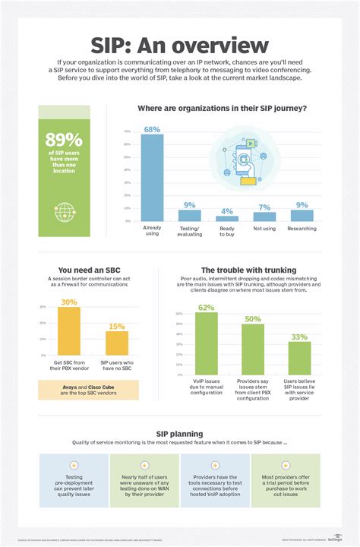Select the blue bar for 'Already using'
[152, 177]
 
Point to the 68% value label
[152, 128]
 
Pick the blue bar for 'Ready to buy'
[227, 218]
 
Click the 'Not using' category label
[264, 227]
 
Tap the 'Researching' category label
[302, 227]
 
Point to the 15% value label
[117, 326]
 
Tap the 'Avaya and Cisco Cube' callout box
[88, 391]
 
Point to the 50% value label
[253, 318]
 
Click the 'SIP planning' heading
[179, 434]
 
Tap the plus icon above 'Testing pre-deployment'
[74, 465]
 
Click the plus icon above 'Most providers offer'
[285, 465]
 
